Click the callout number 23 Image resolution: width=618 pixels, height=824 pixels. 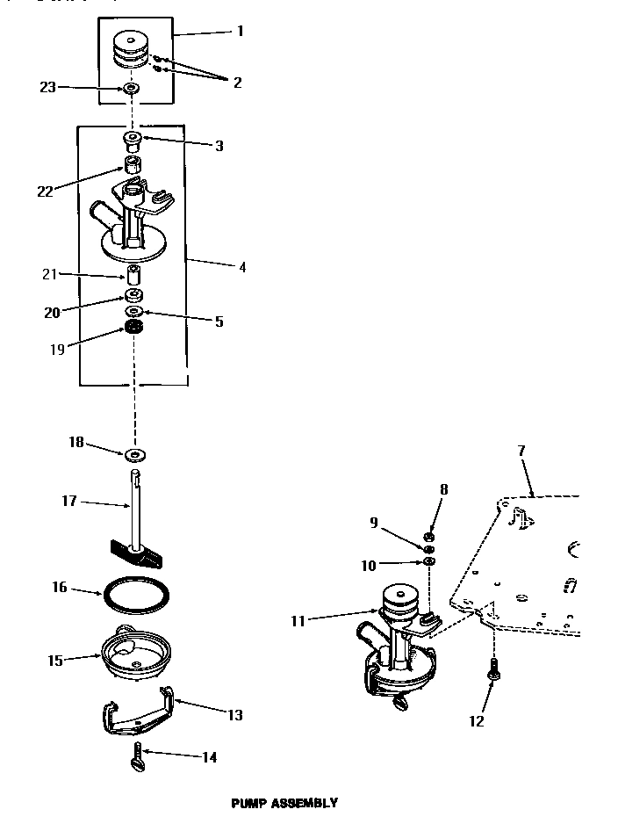point(47,87)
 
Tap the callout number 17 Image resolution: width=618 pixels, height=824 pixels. point(69,501)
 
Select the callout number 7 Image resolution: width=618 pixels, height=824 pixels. point(521,451)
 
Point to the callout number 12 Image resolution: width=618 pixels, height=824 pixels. point(477,721)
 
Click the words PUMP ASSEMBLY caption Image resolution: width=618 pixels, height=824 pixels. point(284,802)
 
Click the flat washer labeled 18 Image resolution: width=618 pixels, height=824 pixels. point(135,454)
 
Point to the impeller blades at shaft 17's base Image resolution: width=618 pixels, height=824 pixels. point(134,552)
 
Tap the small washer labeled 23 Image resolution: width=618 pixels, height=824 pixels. point(133,89)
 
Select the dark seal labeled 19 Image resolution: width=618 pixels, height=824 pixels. point(134,329)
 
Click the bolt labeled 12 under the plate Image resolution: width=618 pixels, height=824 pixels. point(494,671)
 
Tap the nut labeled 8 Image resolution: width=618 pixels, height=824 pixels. point(429,537)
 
